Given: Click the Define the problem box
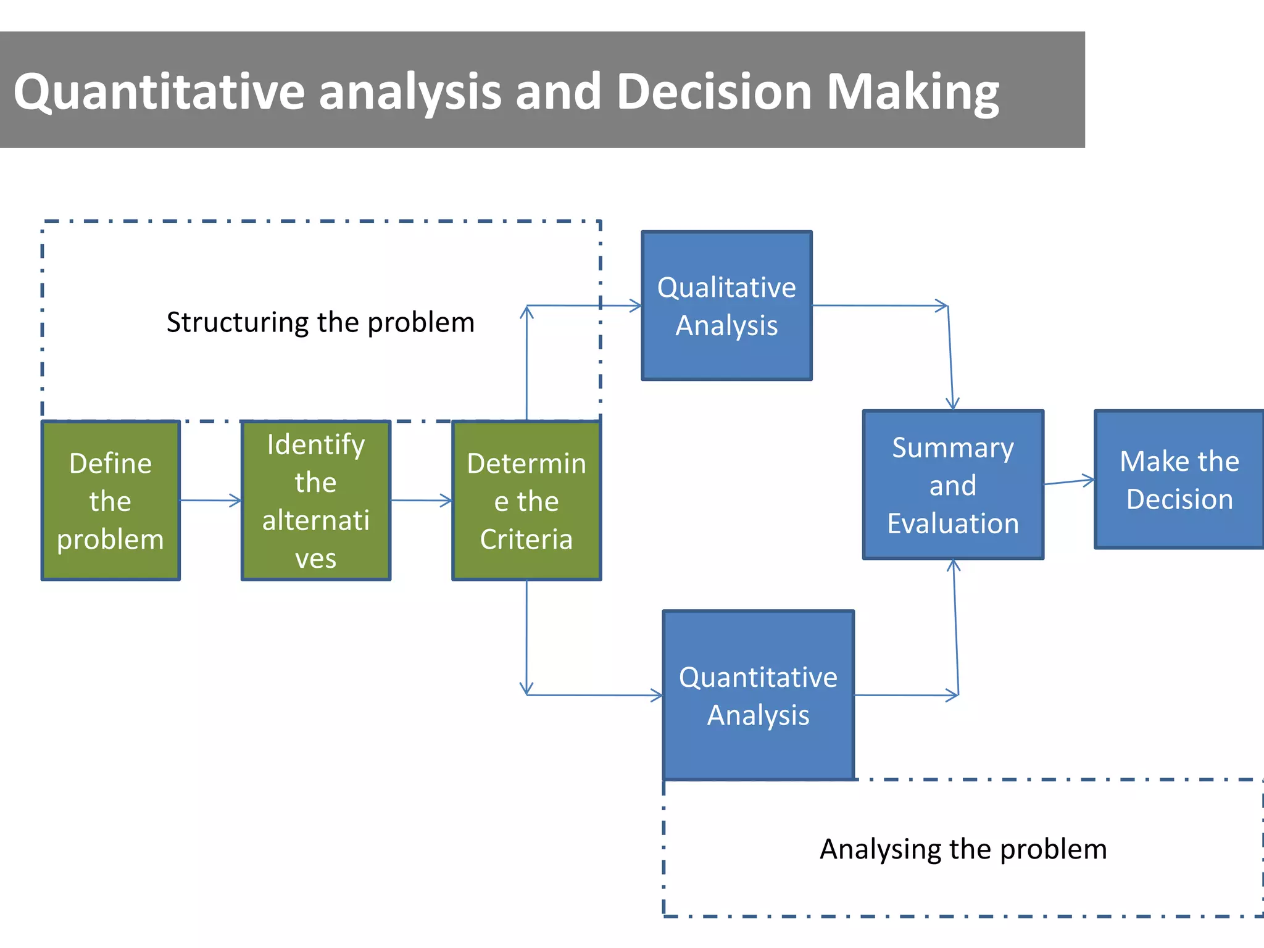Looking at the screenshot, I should (110, 501).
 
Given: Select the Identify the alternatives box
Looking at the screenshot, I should (315, 501).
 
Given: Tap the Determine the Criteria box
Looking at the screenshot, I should (526, 501).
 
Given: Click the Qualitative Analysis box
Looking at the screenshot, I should (726, 306).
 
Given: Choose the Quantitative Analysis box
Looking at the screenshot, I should (758, 696).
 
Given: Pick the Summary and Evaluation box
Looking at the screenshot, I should (952, 485).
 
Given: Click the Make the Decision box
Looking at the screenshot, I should (1179, 480).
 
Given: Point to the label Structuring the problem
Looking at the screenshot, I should (320, 322).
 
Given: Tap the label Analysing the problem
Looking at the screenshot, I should (963, 849).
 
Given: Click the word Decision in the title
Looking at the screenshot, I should (714, 91).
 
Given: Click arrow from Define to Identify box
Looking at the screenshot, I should (210, 501).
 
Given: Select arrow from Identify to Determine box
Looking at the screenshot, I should (421, 501).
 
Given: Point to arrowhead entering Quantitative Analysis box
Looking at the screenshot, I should (657, 696).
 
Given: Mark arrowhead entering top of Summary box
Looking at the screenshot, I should (952, 404).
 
